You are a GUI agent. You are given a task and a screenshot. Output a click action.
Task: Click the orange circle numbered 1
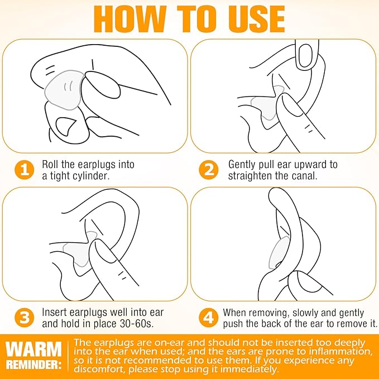click(25, 170)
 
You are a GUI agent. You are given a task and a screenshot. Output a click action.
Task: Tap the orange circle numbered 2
click(209, 170)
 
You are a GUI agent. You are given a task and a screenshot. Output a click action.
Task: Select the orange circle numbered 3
click(25, 318)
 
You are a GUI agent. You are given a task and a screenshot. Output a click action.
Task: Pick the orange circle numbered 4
click(209, 318)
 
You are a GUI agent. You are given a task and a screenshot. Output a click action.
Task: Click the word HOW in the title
click(130, 20)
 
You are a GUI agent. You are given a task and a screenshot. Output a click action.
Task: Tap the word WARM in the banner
click(34, 349)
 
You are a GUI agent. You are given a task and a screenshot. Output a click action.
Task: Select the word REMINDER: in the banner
click(34, 364)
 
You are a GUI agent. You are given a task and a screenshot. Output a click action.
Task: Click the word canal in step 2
click(304, 175)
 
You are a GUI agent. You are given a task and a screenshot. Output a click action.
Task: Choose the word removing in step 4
click(269, 313)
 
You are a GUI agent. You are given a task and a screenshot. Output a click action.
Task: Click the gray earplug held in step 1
click(64, 89)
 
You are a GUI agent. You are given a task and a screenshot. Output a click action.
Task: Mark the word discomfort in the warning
click(99, 370)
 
